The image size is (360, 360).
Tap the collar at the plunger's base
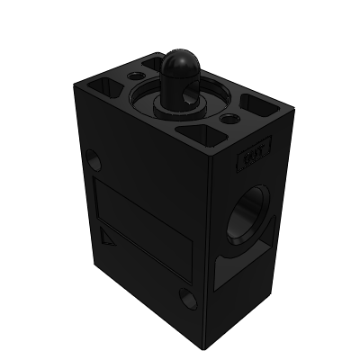tap(180, 106)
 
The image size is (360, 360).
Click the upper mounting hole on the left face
tap(94, 161)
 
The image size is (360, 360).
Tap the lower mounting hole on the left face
tap(187, 297)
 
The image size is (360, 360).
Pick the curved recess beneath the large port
tap(241, 270)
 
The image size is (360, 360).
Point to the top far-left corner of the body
tap(74, 86)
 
